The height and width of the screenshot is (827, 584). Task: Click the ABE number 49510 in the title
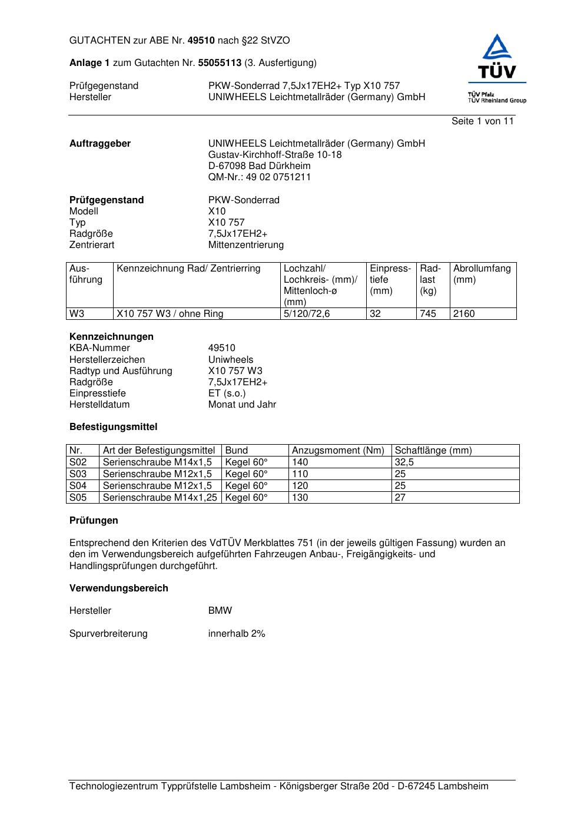tap(201, 41)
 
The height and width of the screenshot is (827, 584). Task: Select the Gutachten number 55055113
tap(220, 62)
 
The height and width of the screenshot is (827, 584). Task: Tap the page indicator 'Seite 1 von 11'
tap(482, 121)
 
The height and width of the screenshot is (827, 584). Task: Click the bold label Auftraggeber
tap(100, 144)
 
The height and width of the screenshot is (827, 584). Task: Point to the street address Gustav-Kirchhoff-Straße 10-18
tap(275, 155)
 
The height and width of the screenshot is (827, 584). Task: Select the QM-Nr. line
tap(260, 177)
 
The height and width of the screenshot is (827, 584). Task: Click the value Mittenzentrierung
tap(245, 245)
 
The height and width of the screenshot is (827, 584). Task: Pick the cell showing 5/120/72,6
tap(307, 314)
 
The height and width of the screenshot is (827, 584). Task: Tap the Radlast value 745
tap(428, 314)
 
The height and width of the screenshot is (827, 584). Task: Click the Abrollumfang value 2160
tap(464, 314)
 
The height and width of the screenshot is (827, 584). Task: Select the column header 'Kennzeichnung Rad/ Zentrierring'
tap(188, 269)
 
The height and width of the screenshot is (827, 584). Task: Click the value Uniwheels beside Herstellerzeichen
tap(231, 360)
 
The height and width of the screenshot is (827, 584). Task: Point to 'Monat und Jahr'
tap(242, 405)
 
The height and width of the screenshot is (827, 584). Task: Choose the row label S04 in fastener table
tap(78, 486)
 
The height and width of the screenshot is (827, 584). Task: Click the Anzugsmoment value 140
tap(300, 462)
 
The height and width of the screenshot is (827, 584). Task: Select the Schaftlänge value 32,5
tap(404, 462)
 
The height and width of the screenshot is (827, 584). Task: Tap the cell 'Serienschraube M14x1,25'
tap(160, 498)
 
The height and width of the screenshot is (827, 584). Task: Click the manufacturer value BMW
tap(220, 611)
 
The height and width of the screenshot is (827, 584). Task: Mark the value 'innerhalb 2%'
tap(237, 634)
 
